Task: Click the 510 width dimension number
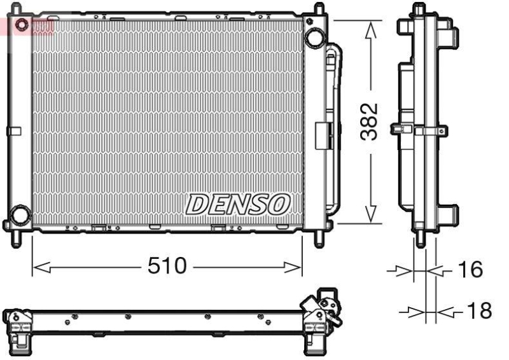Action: [167, 267]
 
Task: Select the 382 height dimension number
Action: [370, 121]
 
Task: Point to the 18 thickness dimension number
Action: [479, 311]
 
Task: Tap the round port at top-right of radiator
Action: [313, 38]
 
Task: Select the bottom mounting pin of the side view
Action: [419, 240]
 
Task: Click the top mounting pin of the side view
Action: [418, 9]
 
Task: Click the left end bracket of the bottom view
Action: [17, 327]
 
